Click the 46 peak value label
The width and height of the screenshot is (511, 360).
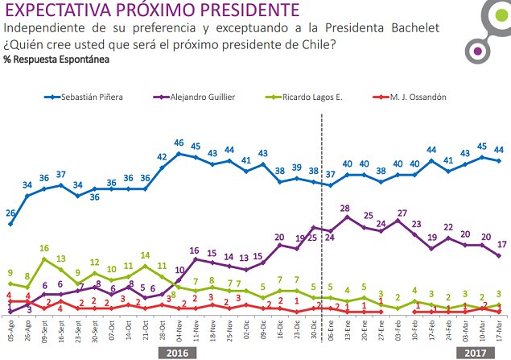point(179,142)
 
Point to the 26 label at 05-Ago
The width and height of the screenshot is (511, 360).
point(10,213)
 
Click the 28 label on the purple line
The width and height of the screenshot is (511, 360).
point(347,208)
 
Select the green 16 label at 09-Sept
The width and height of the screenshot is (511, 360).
point(45,248)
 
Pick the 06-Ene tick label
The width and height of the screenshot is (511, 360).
point(330,332)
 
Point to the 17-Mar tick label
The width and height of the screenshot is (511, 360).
point(499,332)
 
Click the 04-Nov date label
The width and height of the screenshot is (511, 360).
point(178,332)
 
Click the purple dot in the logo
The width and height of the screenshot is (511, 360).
point(479,52)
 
